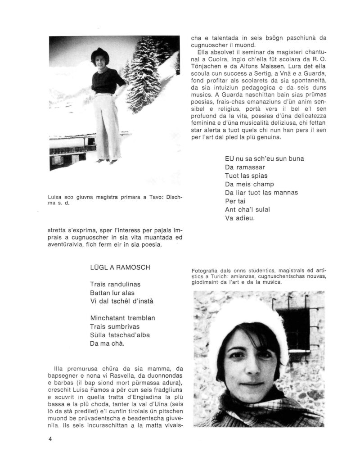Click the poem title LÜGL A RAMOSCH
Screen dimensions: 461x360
[x=120, y=267]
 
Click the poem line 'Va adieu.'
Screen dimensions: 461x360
[x=240, y=218]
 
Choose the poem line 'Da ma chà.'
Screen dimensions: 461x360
[x=107, y=343]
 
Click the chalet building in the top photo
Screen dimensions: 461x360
[x=72, y=151]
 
